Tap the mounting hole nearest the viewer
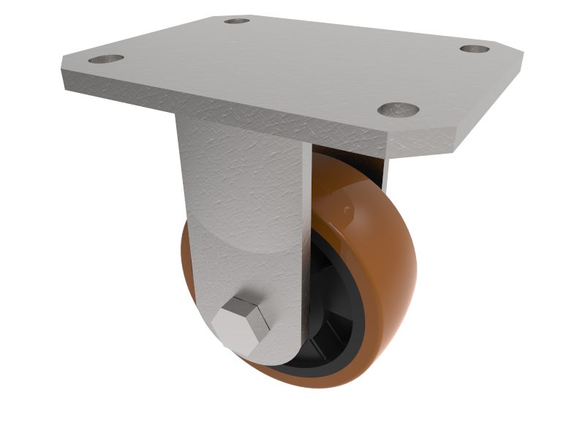click(x=399, y=110)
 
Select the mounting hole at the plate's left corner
click(x=106, y=59)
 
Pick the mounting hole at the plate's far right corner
click(x=475, y=49)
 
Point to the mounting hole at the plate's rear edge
click(x=236, y=20)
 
